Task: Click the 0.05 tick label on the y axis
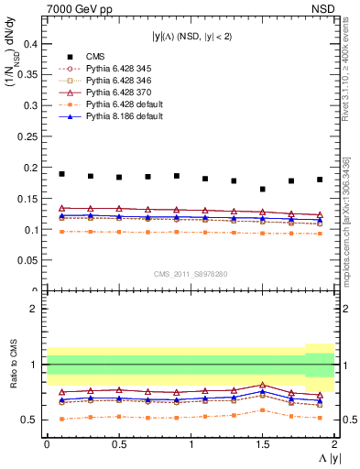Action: point(27,260)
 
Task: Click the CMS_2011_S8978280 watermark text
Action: point(190,273)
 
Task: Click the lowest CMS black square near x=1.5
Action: point(263,189)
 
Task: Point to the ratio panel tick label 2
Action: point(32,310)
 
